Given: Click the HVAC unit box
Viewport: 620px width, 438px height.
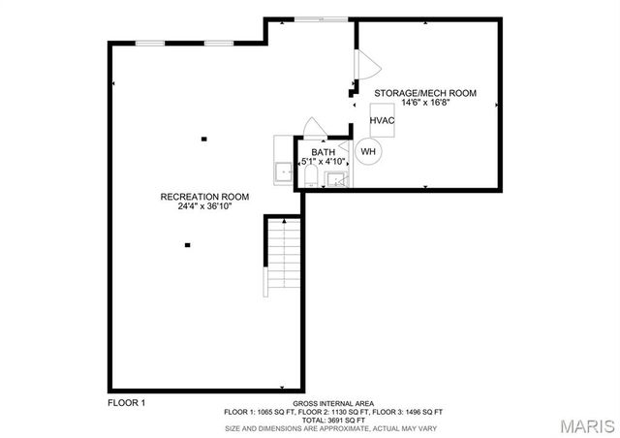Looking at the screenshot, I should click(x=381, y=119).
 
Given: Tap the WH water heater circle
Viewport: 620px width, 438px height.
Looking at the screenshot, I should click(x=369, y=151).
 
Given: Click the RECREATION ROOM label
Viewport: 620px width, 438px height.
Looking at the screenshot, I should click(x=204, y=197).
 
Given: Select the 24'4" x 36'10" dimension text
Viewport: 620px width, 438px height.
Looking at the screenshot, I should click(x=204, y=206).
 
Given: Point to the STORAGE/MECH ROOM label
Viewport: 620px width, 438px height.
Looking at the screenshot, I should click(x=425, y=93).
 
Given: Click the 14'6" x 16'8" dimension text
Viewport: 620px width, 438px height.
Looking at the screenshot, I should click(x=425, y=103).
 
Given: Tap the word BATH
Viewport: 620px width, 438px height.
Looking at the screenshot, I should click(x=324, y=152).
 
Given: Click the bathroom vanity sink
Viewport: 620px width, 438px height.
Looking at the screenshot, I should click(x=336, y=178).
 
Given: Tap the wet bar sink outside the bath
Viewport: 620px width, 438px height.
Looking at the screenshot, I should click(x=284, y=172).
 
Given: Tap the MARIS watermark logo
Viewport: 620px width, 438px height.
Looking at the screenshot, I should click(x=585, y=424).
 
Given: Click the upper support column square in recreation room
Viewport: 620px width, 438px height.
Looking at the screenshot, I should click(x=203, y=140).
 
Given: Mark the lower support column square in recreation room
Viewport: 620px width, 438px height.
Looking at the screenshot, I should click(x=187, y=245).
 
